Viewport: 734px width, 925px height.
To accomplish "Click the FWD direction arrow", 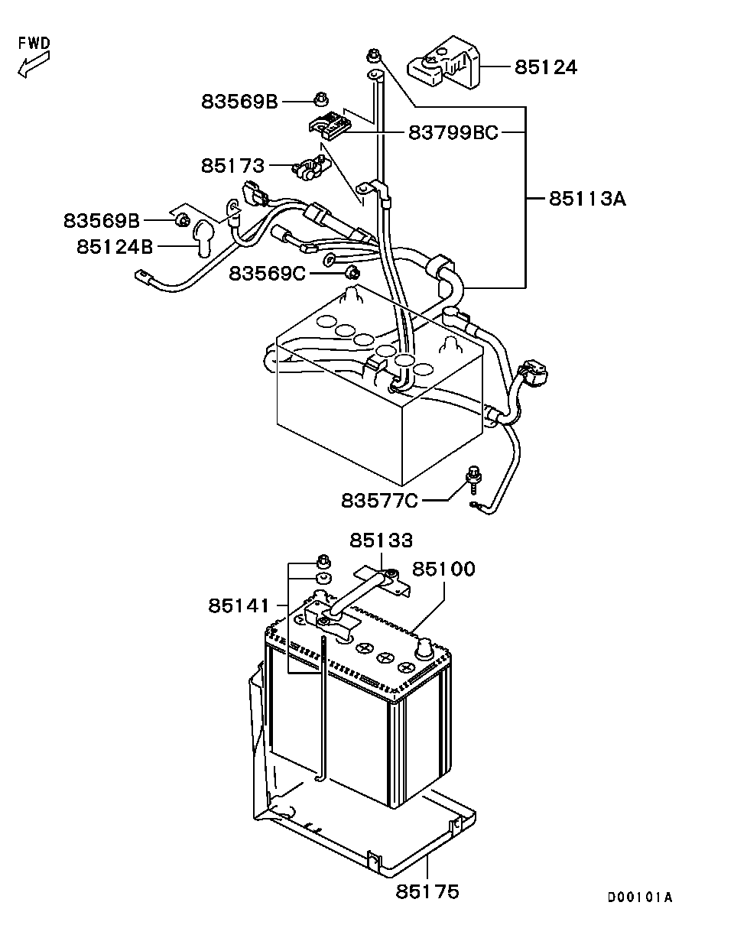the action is (x=34, y=64).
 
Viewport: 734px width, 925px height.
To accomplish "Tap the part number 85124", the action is (x=546, y=67).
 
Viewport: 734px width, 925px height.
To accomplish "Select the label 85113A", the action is (x=587, y=199).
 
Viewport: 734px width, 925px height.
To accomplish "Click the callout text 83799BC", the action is (x=453, y=132).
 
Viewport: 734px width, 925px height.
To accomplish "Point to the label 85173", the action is (x=232, y=165).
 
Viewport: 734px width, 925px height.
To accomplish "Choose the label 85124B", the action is (x=115, y=247).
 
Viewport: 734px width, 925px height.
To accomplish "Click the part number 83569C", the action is (x=267, y=273).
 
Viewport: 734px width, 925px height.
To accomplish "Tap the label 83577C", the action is (x=379, y=500).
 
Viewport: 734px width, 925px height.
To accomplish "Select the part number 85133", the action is (x=381, y=540).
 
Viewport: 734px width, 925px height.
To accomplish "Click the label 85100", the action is (x=443, y=569).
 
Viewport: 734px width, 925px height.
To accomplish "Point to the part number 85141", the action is (x=239, y=606).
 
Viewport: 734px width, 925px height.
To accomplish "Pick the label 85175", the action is (x=427, y=891).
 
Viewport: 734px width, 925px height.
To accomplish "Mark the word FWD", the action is (x=34, y=43).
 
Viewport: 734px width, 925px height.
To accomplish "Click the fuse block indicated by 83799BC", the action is (x=331, y=125).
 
